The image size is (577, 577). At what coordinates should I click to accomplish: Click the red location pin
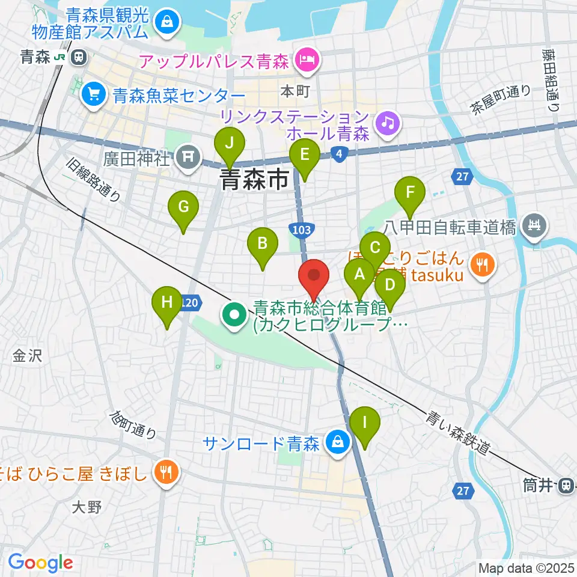click(314, 276)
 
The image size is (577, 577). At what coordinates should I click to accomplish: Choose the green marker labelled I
click(365, 423)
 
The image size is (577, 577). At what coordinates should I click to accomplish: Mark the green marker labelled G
click(183, 209)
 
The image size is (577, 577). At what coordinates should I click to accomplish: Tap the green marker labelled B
click(263, 244)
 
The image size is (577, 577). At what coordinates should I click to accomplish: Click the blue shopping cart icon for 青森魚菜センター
click(94, 93)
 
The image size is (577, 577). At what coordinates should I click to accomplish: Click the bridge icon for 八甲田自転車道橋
click(533, 226)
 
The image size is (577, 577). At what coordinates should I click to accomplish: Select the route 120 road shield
click(189, 304)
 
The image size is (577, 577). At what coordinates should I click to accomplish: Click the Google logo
click(40, 563)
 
